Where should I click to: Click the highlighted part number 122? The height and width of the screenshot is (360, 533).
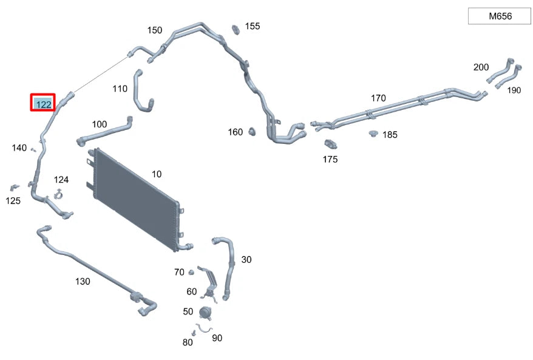pos(43,103)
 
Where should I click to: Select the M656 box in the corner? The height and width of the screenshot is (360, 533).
pos(500,16)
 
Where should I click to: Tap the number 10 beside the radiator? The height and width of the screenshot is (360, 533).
pos(157,174)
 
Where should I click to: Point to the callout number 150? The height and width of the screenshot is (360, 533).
pos(155,30)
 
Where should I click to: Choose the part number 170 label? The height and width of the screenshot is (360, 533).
pos(378,98)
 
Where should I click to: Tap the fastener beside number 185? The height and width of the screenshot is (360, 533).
pos(373,133)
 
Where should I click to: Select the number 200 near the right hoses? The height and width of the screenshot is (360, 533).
pos(481,67)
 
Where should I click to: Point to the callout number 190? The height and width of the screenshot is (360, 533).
pos(514,90)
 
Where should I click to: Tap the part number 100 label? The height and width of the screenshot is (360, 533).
pos(100,124)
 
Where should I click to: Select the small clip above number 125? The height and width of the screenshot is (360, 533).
pos(13,186)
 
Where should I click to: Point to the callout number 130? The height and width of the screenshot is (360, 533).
pos(83,281)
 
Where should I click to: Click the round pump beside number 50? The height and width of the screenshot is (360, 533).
pos(205,313)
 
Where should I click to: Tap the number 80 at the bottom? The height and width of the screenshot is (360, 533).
pos(188,342)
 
